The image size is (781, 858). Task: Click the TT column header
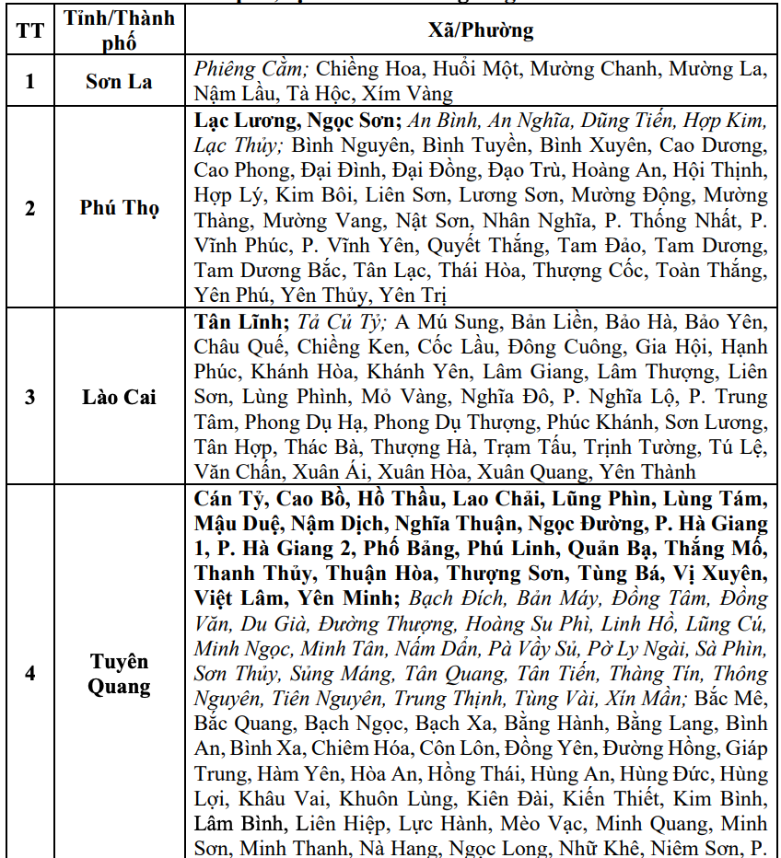pyautogui.click(x=29, y=30)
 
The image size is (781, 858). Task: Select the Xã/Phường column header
pyautogui.click(x=481, y=30)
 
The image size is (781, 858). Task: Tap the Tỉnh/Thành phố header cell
pyautogui.click(x=120, y=30)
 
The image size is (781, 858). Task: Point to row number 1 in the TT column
pyautogui.click(x=29, y=81)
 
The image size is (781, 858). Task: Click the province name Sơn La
pyautogui.click(x=120, y=81)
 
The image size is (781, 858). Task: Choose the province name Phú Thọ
pyautogui.click(x=120, y=208)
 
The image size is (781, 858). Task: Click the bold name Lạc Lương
pyautogui.click(x=243, y=120)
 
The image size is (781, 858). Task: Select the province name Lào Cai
pyautogui.click(x=120, y=397)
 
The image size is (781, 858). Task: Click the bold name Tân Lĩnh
pyautogui.click(x=241, y=322)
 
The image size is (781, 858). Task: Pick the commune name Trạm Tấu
pyautogui.click(x=523, y=447)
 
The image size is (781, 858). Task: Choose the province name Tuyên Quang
pyautogui.click(x=120, y=674)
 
